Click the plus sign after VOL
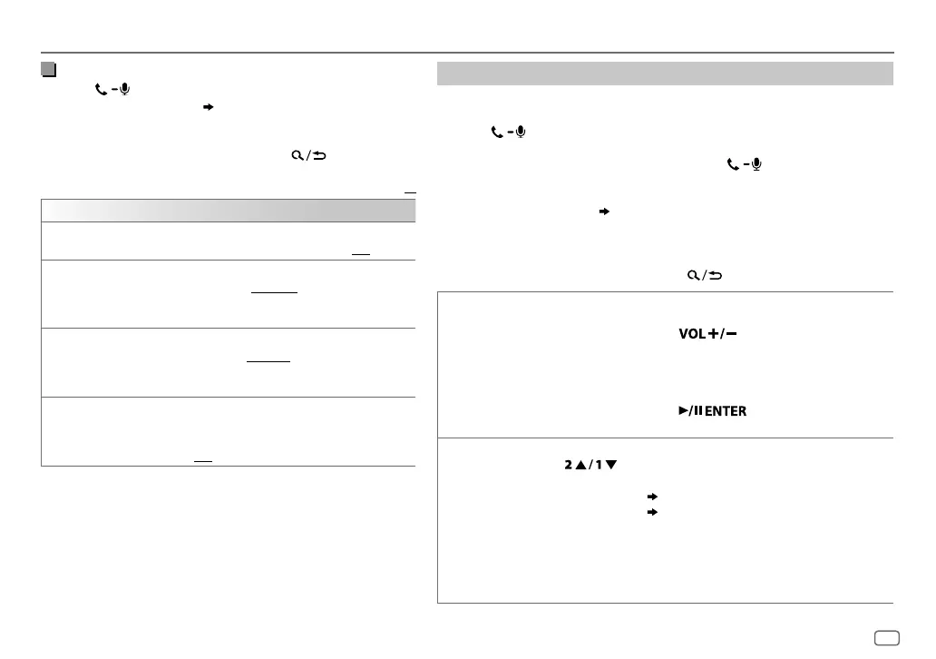tap(714, 334)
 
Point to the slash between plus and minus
tap(722, 334)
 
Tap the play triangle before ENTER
tap(683, 411)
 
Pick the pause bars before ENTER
tap(695, 411)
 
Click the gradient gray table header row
tap(228, 211)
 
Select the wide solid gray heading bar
tap(666, 74)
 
